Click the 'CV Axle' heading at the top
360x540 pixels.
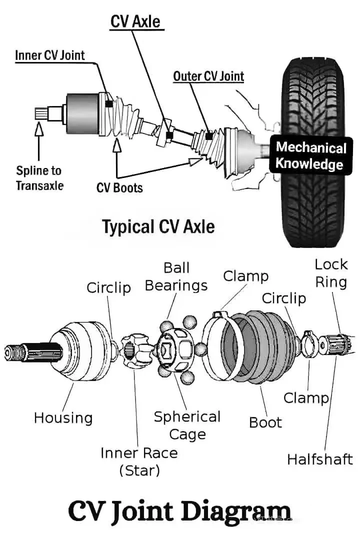click(135, 21)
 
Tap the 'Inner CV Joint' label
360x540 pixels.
click(50, 55)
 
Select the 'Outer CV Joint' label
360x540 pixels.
click(208, 76)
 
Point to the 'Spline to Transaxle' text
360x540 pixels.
click(39, 178)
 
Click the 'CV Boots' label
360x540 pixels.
click(119, 187)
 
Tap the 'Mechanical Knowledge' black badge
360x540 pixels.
click(310, 155)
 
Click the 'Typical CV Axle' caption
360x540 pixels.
click(159, 227)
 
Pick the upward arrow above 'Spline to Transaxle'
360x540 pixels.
click(39, 141)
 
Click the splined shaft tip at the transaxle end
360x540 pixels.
click(41, 113)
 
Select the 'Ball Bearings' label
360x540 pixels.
click(176, 276)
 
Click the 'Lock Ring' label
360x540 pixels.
click(331, 273)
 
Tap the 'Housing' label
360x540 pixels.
click(63, 417)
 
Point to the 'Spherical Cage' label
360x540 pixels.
click(187, 425)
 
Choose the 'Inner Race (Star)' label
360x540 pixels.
click(139, 461)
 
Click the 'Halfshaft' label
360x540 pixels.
click(320, 459)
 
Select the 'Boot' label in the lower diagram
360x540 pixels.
click(265, 422)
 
